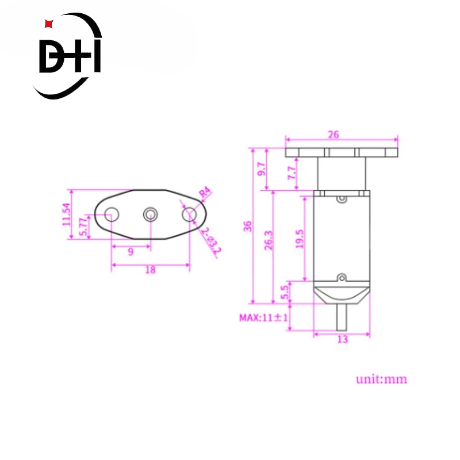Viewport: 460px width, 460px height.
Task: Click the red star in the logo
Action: [x=49, y=24]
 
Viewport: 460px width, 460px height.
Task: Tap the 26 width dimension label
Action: [x=333, y=135]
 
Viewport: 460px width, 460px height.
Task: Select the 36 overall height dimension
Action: [x=248, y=226]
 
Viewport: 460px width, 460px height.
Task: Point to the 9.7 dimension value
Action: [x=261, y=169]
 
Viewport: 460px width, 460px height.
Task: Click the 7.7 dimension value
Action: [x=292, y=173]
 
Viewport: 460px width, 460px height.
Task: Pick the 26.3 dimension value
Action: [x=269, y=240]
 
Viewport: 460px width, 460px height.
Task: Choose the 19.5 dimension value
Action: [x=300, y=239]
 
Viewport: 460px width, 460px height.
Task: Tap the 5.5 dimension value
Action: [x=285, y=292]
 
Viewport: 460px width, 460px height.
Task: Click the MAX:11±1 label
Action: [x=263, y=317]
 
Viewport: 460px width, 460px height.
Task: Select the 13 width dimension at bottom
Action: [x=342, y=339]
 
